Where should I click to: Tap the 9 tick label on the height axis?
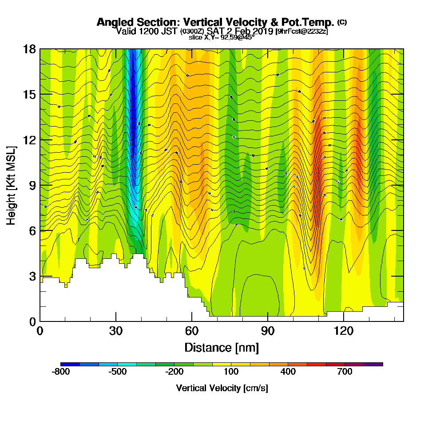[32, 185]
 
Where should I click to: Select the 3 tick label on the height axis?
[32, 276]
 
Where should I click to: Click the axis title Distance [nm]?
[222, 347]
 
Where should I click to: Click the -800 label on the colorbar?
[61, 372]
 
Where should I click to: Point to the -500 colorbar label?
[118, 372]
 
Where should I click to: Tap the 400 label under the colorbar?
[288, 372]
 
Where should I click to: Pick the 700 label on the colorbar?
[345, 372]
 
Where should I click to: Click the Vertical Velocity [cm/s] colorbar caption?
[222, 388]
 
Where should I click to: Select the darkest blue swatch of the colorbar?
[70, 364]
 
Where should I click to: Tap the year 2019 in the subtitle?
[262, 31]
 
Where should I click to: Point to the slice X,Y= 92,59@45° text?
[222, 37]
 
